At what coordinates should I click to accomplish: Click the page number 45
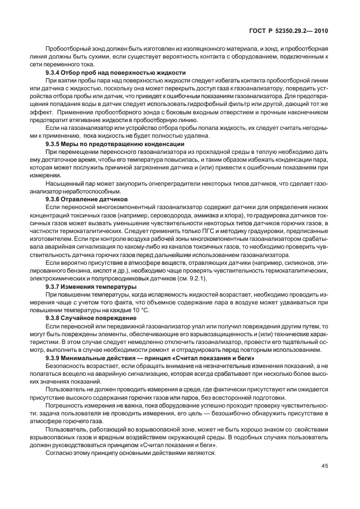pyautogui.click(x=324, y=466)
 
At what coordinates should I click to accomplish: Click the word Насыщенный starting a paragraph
pyautogui.click(x=62, y=183)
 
